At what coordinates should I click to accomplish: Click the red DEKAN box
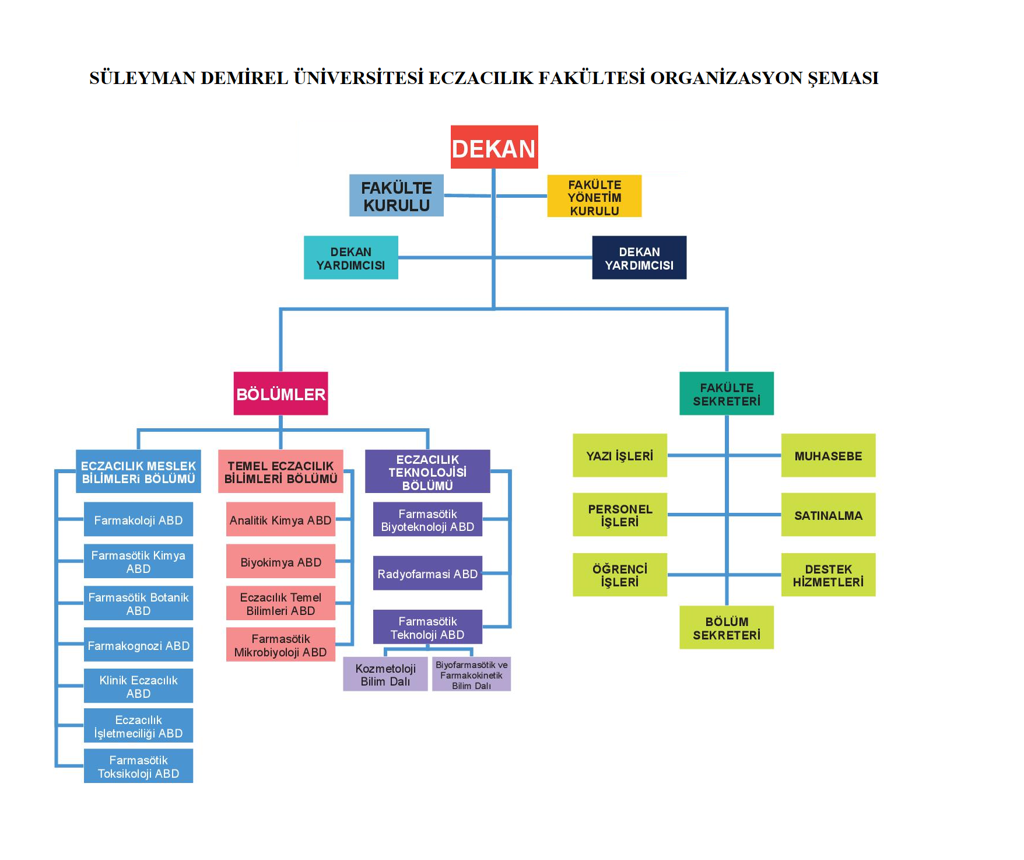(x=494, y=147)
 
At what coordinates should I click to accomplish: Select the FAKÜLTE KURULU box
(x=396, y=195)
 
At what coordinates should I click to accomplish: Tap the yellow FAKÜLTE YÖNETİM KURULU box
(x=594, y=196)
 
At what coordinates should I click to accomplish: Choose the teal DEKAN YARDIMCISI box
(x=350, y=257)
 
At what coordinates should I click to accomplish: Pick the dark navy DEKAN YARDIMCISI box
(x=639, y=257)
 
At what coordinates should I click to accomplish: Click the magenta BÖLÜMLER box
(x=280, y=393)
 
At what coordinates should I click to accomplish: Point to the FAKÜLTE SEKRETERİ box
(x=726, y=393)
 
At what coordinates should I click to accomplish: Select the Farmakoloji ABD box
(x=138, y=519)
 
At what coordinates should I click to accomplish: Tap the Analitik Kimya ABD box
(x=280, y=519)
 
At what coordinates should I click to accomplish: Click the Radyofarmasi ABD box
(x=427, y=573)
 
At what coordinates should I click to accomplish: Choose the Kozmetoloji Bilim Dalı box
(x=385, y=674)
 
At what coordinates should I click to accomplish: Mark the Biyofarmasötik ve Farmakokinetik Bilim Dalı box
(x=471, y=674)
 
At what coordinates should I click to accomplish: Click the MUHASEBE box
(x=828, y=455)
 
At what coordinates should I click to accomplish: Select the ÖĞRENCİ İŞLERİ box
(x=619, y=575)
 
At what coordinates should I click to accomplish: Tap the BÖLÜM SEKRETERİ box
(x=726, y=627)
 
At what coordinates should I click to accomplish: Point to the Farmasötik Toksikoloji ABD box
(x=138, y=766)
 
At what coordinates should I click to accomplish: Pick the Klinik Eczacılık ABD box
(x=138, y=686)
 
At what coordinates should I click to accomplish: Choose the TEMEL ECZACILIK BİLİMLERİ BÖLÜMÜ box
(x=280, y=471)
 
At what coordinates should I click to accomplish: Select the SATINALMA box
(x=828, y=515)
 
